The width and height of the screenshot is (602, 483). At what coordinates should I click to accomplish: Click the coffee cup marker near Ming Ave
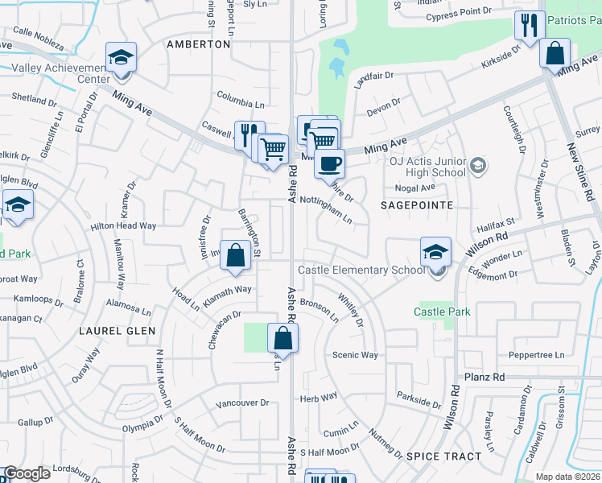[328, 164]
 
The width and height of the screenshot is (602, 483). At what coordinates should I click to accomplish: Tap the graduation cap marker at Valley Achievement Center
[121, 58]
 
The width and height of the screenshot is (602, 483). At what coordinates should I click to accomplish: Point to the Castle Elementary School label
[361, 270]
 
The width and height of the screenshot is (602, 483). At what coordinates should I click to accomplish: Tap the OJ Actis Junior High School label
[427, 165]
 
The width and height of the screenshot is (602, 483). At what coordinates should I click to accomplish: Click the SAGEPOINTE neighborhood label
[417, 206]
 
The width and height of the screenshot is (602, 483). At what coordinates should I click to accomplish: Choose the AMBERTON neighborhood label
[198, 44]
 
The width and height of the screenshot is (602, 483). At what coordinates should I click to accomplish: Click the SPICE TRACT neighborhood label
[443, 456]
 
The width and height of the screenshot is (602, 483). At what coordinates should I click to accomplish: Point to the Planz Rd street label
[484, 377]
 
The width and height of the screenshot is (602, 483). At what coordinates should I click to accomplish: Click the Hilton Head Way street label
[123, 226]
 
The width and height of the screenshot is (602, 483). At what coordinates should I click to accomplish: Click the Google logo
[27, 473]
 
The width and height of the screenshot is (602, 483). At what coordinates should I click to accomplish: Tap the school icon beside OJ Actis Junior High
[478, 166]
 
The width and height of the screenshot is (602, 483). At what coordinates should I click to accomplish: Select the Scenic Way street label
[355, 355]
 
